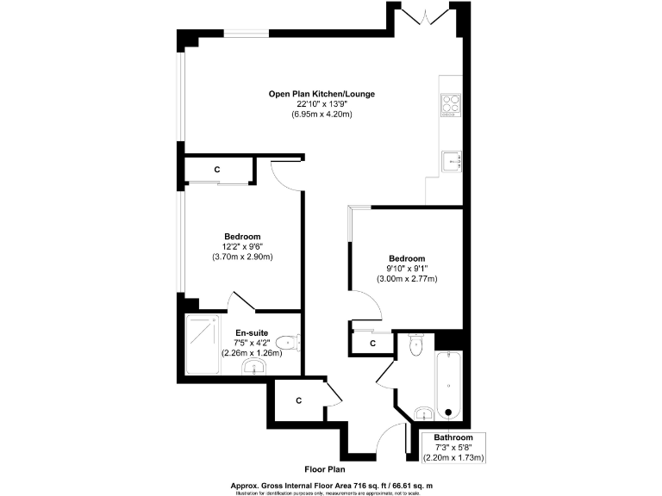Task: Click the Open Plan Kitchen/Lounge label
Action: pyautogui.click(x=322, y=94)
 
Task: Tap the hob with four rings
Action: pyautogui.click(x=452, y=104)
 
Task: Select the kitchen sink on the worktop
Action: pyautogui.click(x=452, y=160)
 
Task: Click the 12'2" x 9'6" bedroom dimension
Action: pyautogui.click(x=242, y=246)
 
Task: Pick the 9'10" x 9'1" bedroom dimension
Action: pyautogui.click(x=407, y=269)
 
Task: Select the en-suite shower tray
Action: pyautogui.click(x=202, y=344)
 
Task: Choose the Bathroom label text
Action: pyautogui.click(x=453, y=437)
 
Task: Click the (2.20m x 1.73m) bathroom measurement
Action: pyautogui.click(x=453, y=457)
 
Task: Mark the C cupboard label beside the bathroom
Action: pyautogui.click(x=372, y=344)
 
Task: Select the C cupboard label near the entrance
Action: pyautogui.click(x=298, y=400)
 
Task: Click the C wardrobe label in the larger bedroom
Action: pyautogui.click(x=217, y=170)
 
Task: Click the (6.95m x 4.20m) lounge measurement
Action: pyautogui.click(x=322, y=115)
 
